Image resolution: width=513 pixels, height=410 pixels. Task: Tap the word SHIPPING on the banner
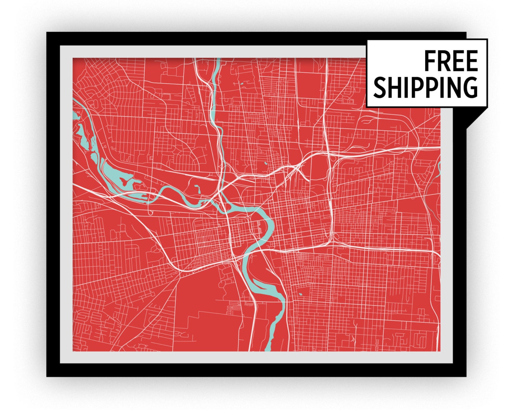(425, 87)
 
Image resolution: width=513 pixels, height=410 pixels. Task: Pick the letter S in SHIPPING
(380, 87)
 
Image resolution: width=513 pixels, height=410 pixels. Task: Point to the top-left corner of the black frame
(47, 33)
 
